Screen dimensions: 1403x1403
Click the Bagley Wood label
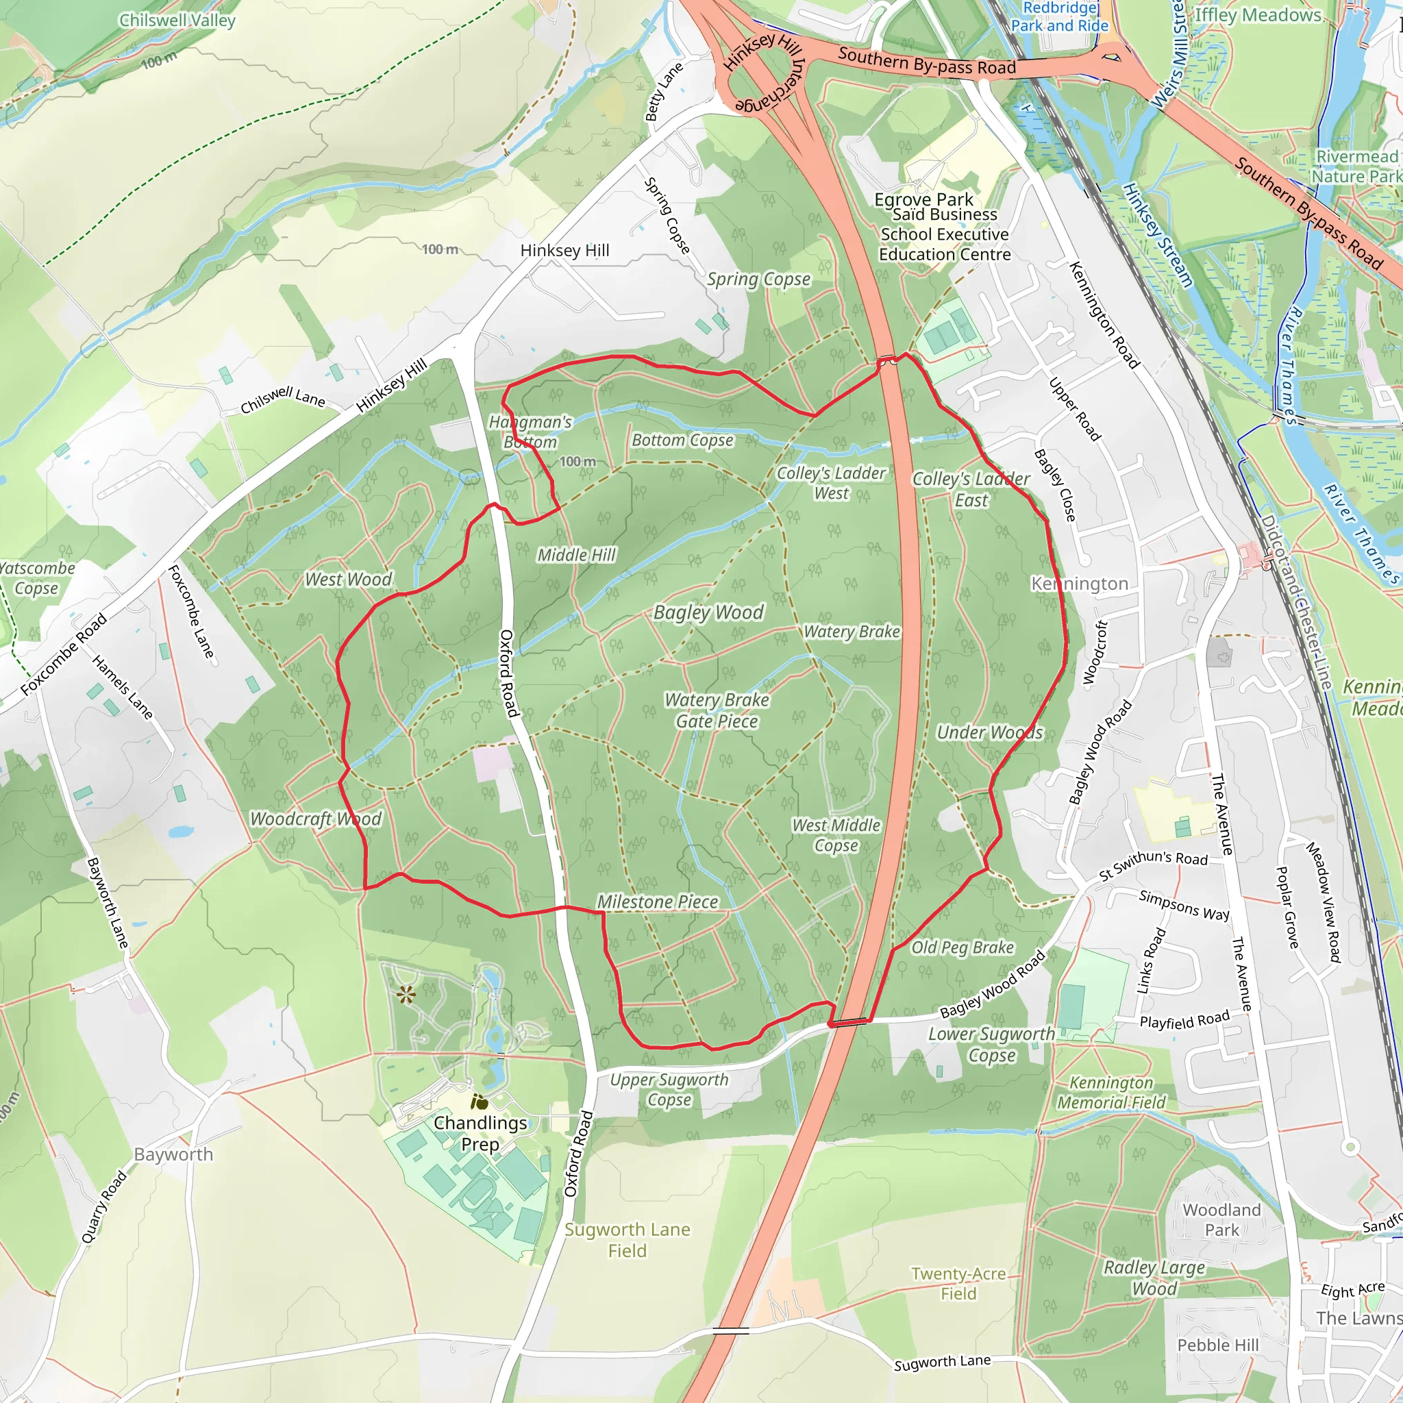(708, 612)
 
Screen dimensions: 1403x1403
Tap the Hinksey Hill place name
(564, 251)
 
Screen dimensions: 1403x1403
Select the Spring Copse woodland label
(758, 279)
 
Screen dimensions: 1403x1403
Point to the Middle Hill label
(576, 555)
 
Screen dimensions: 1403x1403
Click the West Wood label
(348, 579)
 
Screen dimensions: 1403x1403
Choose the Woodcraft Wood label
(315, 819)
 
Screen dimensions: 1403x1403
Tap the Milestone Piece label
(657, 902)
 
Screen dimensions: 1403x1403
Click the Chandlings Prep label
(480, 1133)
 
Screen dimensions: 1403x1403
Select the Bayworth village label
(173, 1154)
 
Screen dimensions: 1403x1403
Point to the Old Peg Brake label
(963, 947)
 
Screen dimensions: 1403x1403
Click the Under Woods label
(989, 732)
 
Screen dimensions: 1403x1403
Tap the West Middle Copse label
(836, 835)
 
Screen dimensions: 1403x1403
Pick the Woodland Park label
(1221, 1219)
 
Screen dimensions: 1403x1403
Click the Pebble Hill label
(1218, 1345)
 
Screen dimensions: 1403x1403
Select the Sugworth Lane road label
(942, 1363)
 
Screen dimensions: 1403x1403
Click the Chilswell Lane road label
(282, 399)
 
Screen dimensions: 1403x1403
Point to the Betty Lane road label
(664, 92)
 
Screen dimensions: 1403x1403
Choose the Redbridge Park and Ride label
(1060, 16)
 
